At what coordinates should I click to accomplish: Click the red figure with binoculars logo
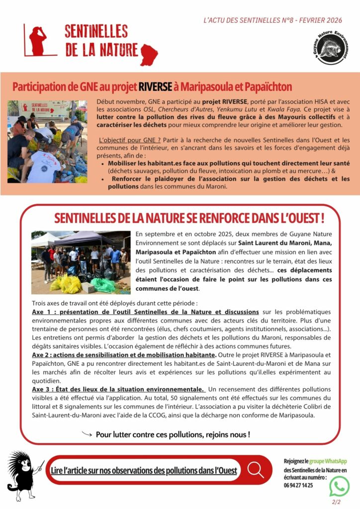point(37,40)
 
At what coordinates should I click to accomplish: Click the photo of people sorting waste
point(47,141)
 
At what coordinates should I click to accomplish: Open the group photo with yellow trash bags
point(81,262)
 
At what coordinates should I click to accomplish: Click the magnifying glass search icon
point(256,469)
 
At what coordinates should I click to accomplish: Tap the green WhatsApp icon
point(339,486)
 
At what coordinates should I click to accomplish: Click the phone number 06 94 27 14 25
point(298,485)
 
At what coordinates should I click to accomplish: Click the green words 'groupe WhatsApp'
point(328,461)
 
